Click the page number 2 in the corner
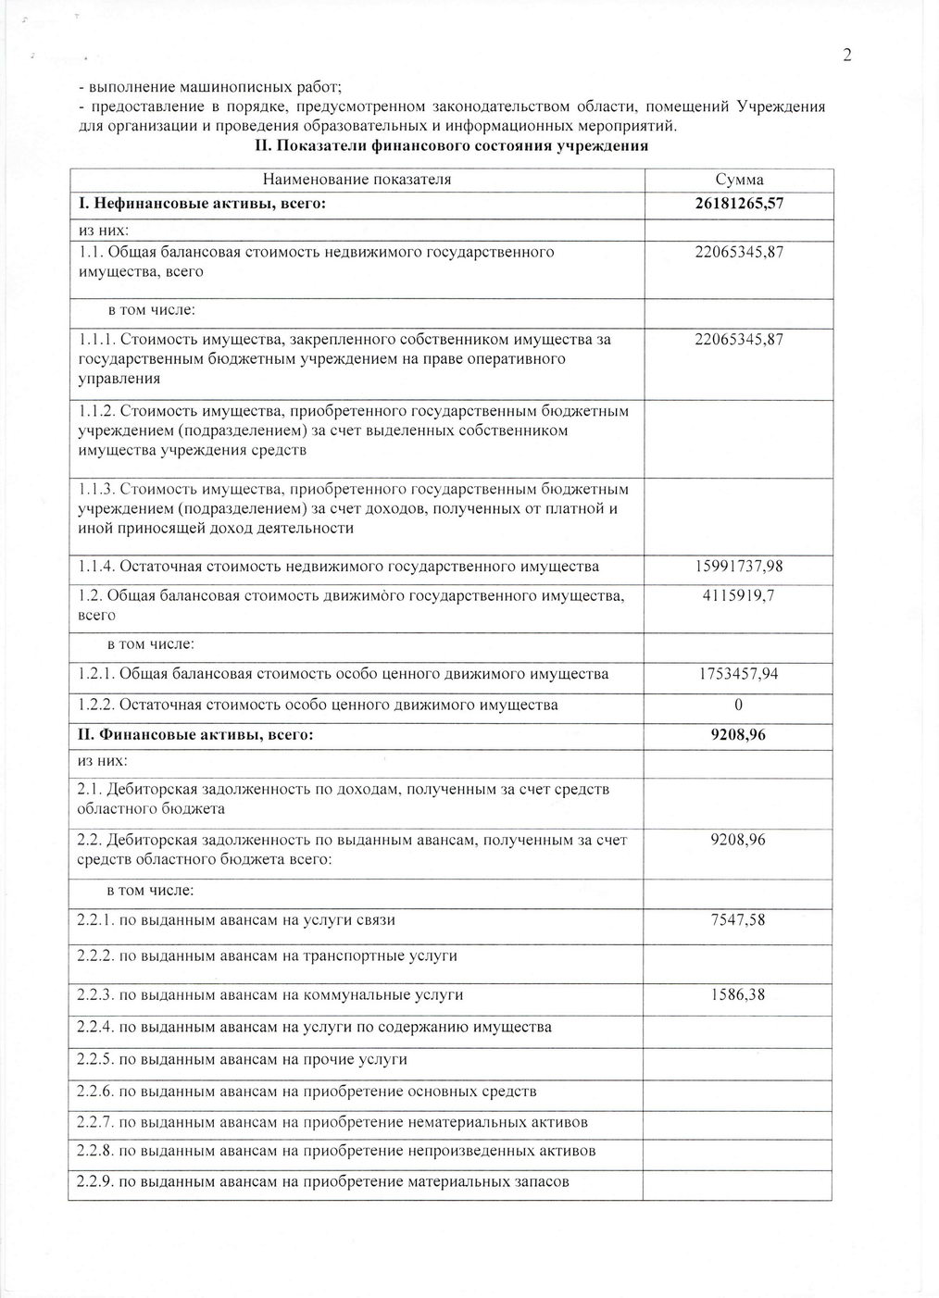[x=846, y=56]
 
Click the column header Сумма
[x=739, y=180]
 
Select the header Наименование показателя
[x=357, y=180]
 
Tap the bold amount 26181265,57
[x=739, y=204]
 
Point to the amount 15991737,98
[x=739, y=566]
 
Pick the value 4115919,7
[x=739, y=595]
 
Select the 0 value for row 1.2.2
[x=739, y=705]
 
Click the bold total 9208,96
[x=739, y=735]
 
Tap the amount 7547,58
[x=739, y=920]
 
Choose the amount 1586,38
[x=739, y=995]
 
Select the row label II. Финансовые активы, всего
[x=195, y=735]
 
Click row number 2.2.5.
[x=94, y=1059]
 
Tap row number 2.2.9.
[x=94, y=1181]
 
